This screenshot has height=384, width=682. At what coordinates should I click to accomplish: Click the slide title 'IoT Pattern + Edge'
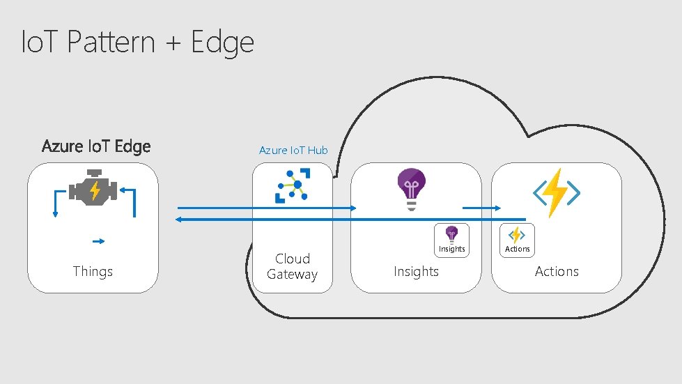point(137,43)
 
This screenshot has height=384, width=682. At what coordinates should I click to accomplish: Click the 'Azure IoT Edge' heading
point(95,146)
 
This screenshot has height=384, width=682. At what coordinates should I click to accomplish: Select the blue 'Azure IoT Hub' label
point(293,150)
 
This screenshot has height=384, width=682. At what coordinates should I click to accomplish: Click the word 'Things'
point(93,271)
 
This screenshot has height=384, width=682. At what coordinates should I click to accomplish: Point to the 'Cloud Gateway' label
point(292,266)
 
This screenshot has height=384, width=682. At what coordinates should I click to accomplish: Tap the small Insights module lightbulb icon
point(451,234)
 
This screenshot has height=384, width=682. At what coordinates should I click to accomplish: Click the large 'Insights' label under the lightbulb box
point(416,271)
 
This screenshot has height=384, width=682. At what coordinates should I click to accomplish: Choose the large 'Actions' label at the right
point(557,271)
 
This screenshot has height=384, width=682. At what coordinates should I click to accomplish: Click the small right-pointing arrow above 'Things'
point(98,241)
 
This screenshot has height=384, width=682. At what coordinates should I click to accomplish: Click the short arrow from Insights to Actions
point(481,208)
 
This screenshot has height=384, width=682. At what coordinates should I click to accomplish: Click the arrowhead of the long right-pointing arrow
point(353,208)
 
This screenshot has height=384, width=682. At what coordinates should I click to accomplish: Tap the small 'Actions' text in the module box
point(517,249)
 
